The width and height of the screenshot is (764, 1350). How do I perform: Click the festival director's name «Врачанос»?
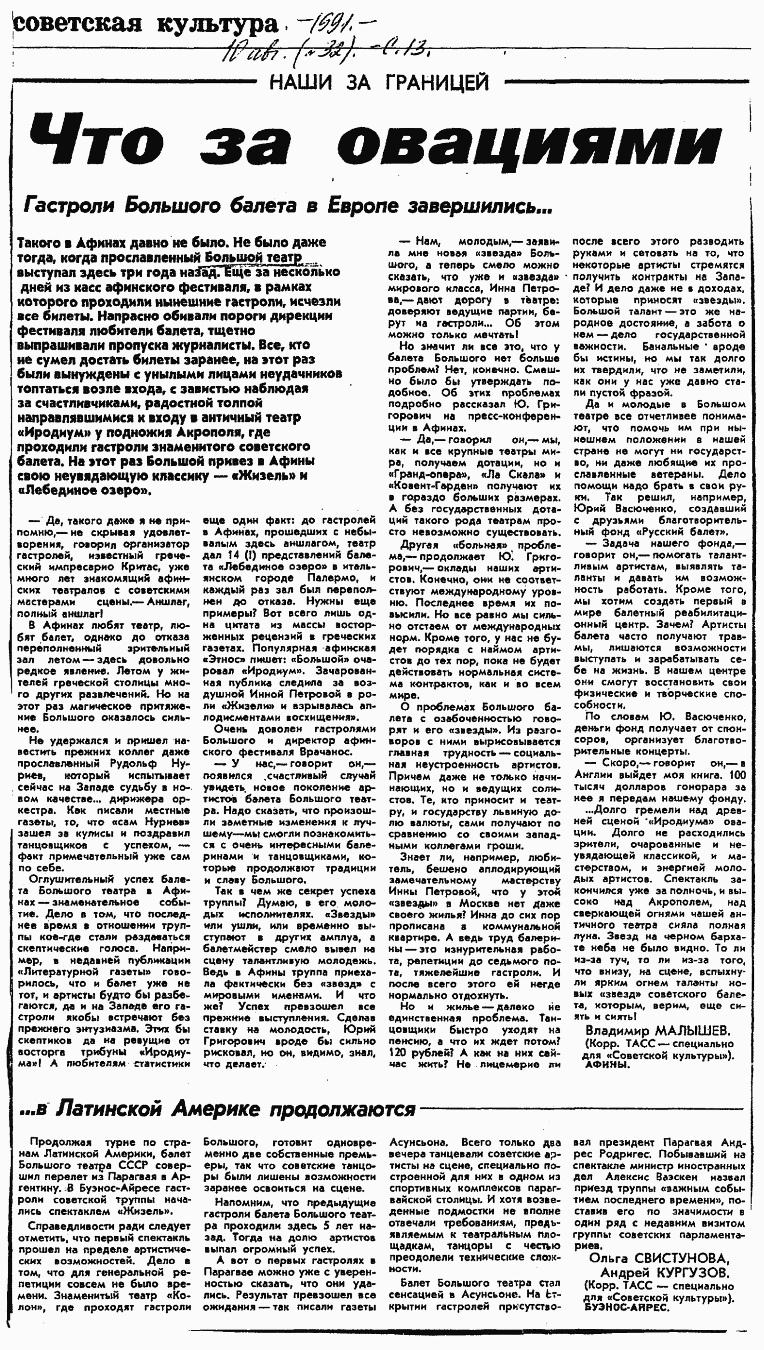coord(325,752)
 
